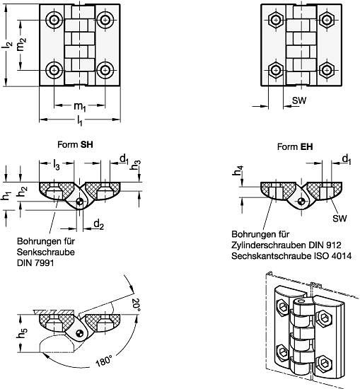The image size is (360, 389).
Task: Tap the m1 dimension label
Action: [x=80, y=107]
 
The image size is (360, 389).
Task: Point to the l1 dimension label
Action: [x=79, y=120]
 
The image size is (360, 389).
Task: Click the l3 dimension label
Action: [x=57, y=164]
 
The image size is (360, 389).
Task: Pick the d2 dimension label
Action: [x=99, y=225]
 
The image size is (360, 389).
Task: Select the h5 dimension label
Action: [x=22, y=332]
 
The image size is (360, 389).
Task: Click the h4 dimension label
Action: [x=238, y=170]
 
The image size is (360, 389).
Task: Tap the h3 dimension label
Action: [x=136, y=165]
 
